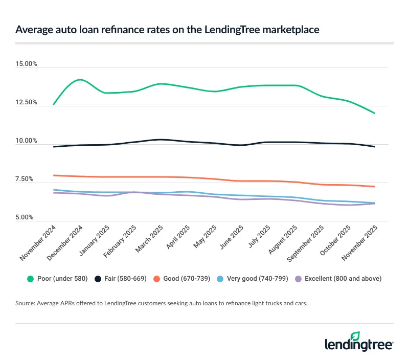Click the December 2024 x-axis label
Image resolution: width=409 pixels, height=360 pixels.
click(66, 243)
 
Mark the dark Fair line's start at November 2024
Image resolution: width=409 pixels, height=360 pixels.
click(54, 147)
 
